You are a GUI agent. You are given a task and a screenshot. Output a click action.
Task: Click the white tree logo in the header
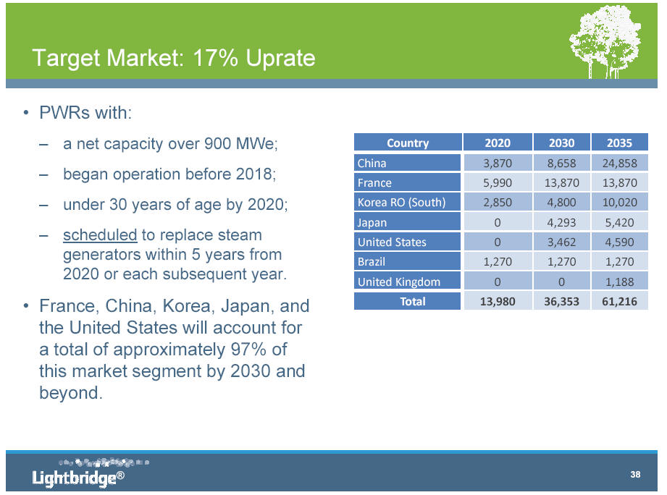(605, 42)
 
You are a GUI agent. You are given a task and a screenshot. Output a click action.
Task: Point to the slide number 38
(635, 474)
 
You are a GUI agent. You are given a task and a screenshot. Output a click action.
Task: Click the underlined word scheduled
(100, 235)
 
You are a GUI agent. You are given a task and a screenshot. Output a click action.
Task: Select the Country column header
(408, 143)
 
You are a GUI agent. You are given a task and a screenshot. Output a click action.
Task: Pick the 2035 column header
(619, 143)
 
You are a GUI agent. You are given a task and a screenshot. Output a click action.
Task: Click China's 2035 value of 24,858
(619, 163)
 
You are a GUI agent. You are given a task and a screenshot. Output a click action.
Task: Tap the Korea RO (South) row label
(401, 202)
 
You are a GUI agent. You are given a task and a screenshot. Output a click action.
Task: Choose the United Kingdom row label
(398, 282)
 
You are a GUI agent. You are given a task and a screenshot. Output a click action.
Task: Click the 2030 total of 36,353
(561, 302)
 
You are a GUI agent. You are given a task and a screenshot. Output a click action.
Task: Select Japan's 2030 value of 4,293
(561, 223)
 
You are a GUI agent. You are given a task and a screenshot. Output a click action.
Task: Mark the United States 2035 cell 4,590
(619, 242)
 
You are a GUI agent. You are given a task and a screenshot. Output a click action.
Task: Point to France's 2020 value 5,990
(498, 182)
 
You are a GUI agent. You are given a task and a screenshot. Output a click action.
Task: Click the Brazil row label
(371, 262)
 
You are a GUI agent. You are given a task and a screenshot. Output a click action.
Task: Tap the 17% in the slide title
(215, 58)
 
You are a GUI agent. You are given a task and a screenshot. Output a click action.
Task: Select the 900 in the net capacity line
(218, 143)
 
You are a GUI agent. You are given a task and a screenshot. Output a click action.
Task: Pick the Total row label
(412, 301)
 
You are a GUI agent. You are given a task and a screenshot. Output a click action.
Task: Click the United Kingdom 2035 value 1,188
(619, 282)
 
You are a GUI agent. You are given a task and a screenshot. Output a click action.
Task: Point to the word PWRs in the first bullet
(64, 113)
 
